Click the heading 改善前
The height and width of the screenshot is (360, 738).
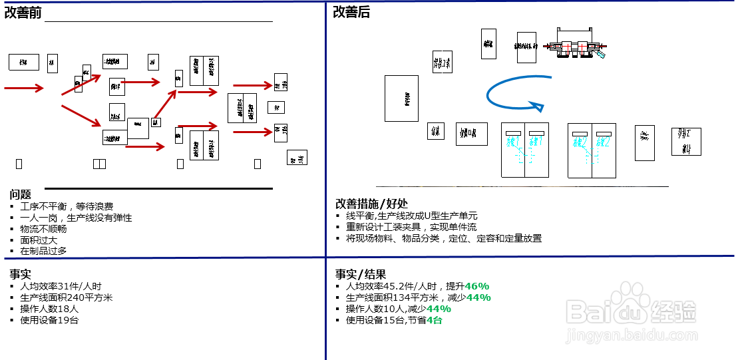point(23,13)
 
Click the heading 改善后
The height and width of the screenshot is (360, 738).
point(351,12)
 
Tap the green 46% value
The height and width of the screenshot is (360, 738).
point(476,286)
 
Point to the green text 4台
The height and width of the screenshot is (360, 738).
point(435,320)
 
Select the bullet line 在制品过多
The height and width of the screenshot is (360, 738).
point(43,252)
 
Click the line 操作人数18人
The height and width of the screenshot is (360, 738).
point(49,309)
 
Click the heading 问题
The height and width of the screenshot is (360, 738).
point(20,194)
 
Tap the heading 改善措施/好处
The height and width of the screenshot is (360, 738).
point(372,204)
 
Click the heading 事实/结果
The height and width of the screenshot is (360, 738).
point(361,274)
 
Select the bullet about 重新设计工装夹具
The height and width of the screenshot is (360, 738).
point(411,227)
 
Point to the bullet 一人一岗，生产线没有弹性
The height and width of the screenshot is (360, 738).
point(76,218)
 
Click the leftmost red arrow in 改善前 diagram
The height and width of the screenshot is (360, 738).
point(24,88)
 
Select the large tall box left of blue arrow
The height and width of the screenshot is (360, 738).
point(401,98)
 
